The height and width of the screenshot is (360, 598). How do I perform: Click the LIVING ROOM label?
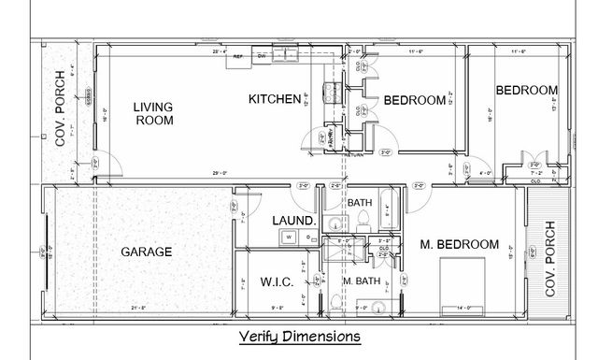(153, 113)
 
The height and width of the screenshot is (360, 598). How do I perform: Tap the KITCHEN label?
(274, 99)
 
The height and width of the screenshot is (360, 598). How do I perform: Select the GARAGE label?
(147, 252)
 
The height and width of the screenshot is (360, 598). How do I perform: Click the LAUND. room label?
(291, 222)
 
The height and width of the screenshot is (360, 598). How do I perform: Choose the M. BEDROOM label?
(460, 244)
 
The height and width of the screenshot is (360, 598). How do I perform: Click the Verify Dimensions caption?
(298, 336)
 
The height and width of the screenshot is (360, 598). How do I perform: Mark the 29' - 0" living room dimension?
(221, 174)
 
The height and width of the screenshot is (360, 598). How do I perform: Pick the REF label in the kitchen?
(238, 55)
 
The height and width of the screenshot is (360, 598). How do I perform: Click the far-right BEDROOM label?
(527, 90)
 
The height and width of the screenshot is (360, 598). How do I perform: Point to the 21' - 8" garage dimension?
(140, 308)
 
